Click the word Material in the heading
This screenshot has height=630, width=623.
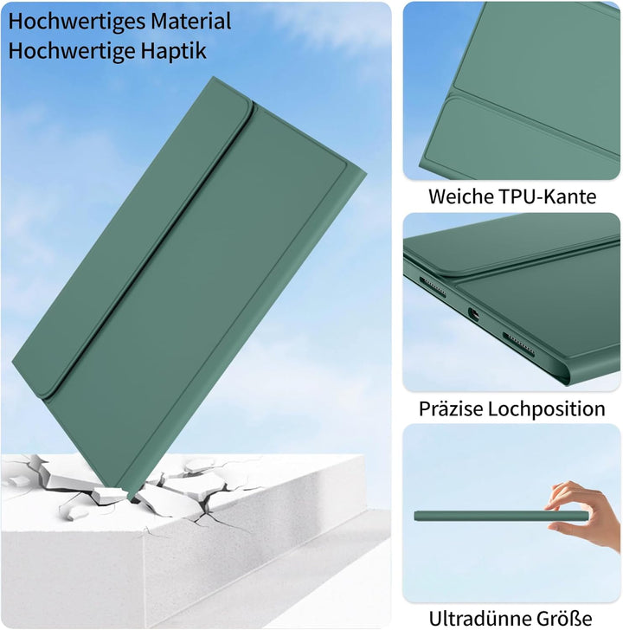click(x=185, y=21)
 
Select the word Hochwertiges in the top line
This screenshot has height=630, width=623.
click(x=71, y=22)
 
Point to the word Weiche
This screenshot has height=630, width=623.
click(x=460, y=197)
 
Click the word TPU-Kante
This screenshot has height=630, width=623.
click(x=547, y=197)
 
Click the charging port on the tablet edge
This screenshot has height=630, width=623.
click(x=473, y=315)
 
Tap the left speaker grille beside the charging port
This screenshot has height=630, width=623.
click(x=432, y=286)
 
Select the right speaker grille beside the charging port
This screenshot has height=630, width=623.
click(x=518, y=344)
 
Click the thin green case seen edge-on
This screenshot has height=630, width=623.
click(x=501, y=517)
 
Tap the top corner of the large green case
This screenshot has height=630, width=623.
click(x=213, y=77)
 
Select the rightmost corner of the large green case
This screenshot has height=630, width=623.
click(x=365, y=173)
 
